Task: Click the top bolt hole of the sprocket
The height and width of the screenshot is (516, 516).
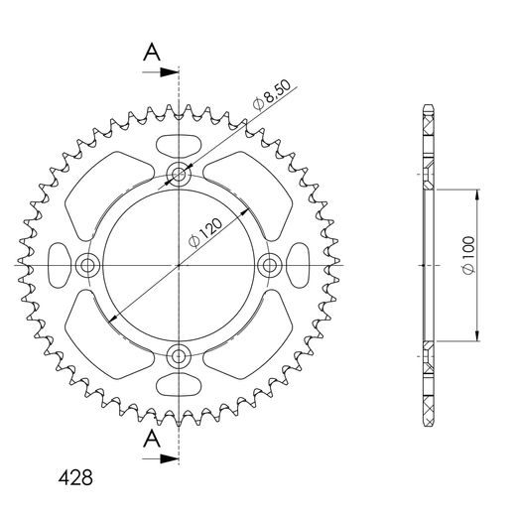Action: [x=179, y=176]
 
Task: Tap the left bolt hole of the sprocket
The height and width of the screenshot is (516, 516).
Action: [x=88, y=265]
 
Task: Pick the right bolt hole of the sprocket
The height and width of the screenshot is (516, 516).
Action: [x=269, y=265]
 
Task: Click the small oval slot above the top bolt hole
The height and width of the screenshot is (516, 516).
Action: [x=179, y=140]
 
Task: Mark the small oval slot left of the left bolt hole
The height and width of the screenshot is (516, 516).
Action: [x=54, y=265]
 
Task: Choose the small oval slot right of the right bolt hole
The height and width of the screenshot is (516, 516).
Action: [x=304, y=265]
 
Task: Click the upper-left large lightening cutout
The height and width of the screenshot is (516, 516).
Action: [x=105, y=192]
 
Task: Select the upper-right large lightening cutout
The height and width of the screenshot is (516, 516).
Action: [x=252, y=192]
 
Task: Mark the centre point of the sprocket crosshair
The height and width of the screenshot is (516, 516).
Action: [x=179, y=265]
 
